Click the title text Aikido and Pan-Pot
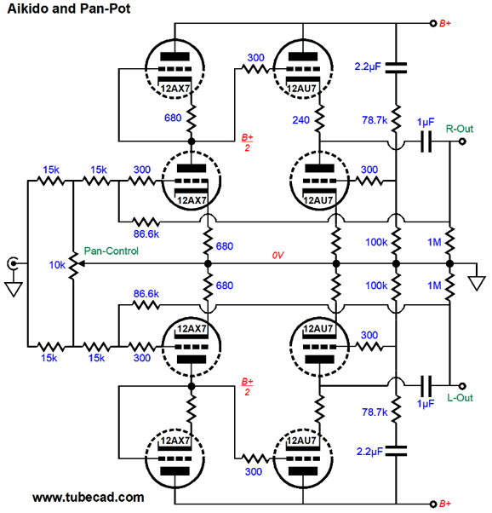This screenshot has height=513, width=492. (x=69, y=9)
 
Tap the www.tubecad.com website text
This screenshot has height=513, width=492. (x=89, y=497)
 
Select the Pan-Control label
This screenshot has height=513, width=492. (x=112, y=251)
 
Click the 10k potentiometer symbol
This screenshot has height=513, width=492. (x=74, y=265)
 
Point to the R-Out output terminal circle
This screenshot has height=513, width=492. (x=462, y=141)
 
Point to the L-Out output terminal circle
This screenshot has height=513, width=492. (x=462, y=386)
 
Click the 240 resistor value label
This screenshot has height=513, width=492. (x=300, y=120)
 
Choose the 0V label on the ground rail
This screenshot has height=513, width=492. (x=277, y=255)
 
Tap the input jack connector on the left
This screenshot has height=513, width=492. (x=13, y=263)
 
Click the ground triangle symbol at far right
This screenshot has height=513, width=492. (x=477, y=283)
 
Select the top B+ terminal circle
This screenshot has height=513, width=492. (x=433, y=24)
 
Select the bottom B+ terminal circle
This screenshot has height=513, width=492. (x=433, y=504)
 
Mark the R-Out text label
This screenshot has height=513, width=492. (x=460, y=129)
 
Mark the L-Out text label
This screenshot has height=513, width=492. (x=460, y=398)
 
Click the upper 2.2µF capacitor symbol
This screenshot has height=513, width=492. (x=396, y=67)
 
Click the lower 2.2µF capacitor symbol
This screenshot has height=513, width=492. (x=396, y=451)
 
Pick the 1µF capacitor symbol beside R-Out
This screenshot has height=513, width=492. (x=426, y=141)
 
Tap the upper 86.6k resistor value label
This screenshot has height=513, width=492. (x=146, y=234)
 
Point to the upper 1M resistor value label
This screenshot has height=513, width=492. (x=434, y=242)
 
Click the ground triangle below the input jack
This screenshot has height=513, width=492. (x=14, y=289)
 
